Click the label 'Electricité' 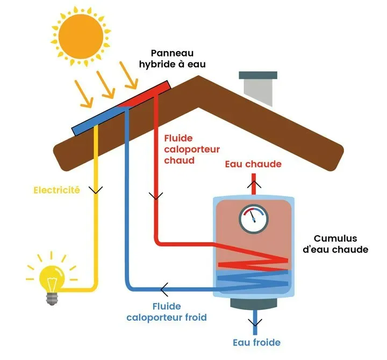point(56,190)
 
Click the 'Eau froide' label point(256,342)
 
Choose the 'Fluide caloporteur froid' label point(167,312)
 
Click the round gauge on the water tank point(253,218)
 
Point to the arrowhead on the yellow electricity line point(96,190)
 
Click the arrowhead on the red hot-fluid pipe point(156,196)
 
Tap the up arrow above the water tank point(253,183)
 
